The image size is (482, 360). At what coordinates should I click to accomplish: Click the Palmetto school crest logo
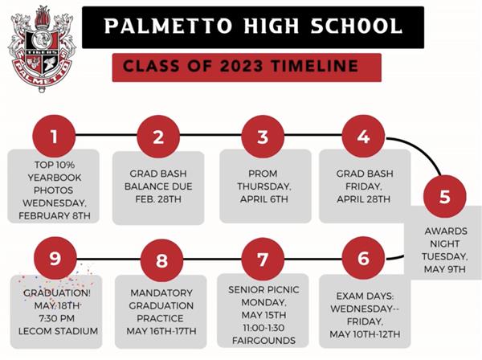pyautogui.click(x=41, y=48)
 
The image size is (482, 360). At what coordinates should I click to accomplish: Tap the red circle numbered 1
pyautogui.click(x=54, y=137)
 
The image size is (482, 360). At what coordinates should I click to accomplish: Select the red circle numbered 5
pyautogui.click(x=445, y=196)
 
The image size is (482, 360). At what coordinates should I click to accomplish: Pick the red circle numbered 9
pyautogui.click(x=55, y=259)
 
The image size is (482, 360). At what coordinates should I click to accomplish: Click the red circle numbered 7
pyautogui.click(x=263, y=260)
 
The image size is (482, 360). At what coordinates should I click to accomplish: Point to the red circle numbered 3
pyautogui.click(x=263, y=137)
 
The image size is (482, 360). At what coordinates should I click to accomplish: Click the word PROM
pyautogui.click(x=263, y=174)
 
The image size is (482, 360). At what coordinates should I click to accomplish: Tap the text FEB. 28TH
pyautogui.click(x=158, y=199)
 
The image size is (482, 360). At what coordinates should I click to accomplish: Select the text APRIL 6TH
pyautogui.click(x=264, y=199)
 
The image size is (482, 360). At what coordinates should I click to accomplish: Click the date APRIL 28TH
pyautogui.click(x=363, y=199)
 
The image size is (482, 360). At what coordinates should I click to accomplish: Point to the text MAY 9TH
pyautogui.click(x=445, y=269)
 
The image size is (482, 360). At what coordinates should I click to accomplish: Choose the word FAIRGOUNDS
pyautogui.click(x=263, y=341)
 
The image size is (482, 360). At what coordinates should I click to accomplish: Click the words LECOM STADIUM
pyautogui.click(x=58, y=331)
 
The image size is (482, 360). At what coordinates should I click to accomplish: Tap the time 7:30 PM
pyautogui.click(x=56, y=318)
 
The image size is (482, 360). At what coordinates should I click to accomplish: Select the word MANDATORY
pyautogui.click(x=161, y=293)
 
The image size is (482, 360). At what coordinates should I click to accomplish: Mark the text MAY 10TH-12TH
pyautogui.click(x=365, y=334)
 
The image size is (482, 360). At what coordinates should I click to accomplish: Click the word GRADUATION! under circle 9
pyautogui.click(x=57, y=293)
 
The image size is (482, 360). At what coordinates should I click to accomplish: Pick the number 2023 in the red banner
pyautogui.click(x=242, y=66)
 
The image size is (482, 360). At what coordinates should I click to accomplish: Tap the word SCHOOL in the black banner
pyautogui.click(x=356, y=26)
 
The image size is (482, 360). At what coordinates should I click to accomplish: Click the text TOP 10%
pyautogui.click(x=55, y=165)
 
